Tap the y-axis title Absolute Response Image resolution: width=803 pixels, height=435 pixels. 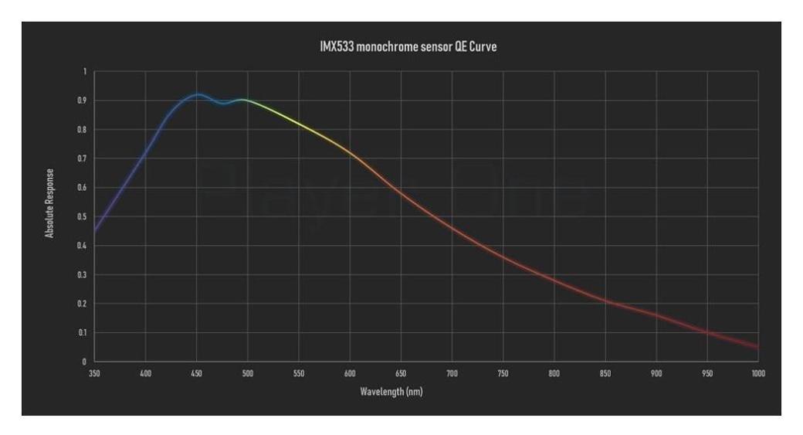(x=50, y=202)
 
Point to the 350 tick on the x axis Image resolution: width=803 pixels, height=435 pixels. (x=95, y=373)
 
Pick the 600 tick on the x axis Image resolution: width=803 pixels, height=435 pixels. (x=350, y=373)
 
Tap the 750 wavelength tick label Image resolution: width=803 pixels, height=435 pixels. (x=503, y=373)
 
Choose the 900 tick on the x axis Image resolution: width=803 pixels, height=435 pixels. (x=656, y=373)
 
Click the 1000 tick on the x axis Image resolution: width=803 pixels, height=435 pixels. (x=757, y=373)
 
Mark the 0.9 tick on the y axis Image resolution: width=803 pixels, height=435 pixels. (x=83, y=100)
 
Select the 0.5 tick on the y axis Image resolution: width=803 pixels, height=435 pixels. (x=83, y=216)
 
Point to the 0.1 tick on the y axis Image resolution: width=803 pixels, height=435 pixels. (x=83, y=332)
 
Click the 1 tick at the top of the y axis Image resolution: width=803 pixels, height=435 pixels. (x=85, y=72)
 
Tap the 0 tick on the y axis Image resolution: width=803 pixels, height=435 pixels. (x=85, y=362)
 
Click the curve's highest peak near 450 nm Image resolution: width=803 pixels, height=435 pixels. (x=197, y=95)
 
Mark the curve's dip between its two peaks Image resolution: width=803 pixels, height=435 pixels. (x=222, y=103)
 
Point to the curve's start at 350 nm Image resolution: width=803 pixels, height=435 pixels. (x=95, y=229)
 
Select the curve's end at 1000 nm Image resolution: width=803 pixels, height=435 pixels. (x=757, y=347)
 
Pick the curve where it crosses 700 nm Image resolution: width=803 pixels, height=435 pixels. (x=452, y=229)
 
